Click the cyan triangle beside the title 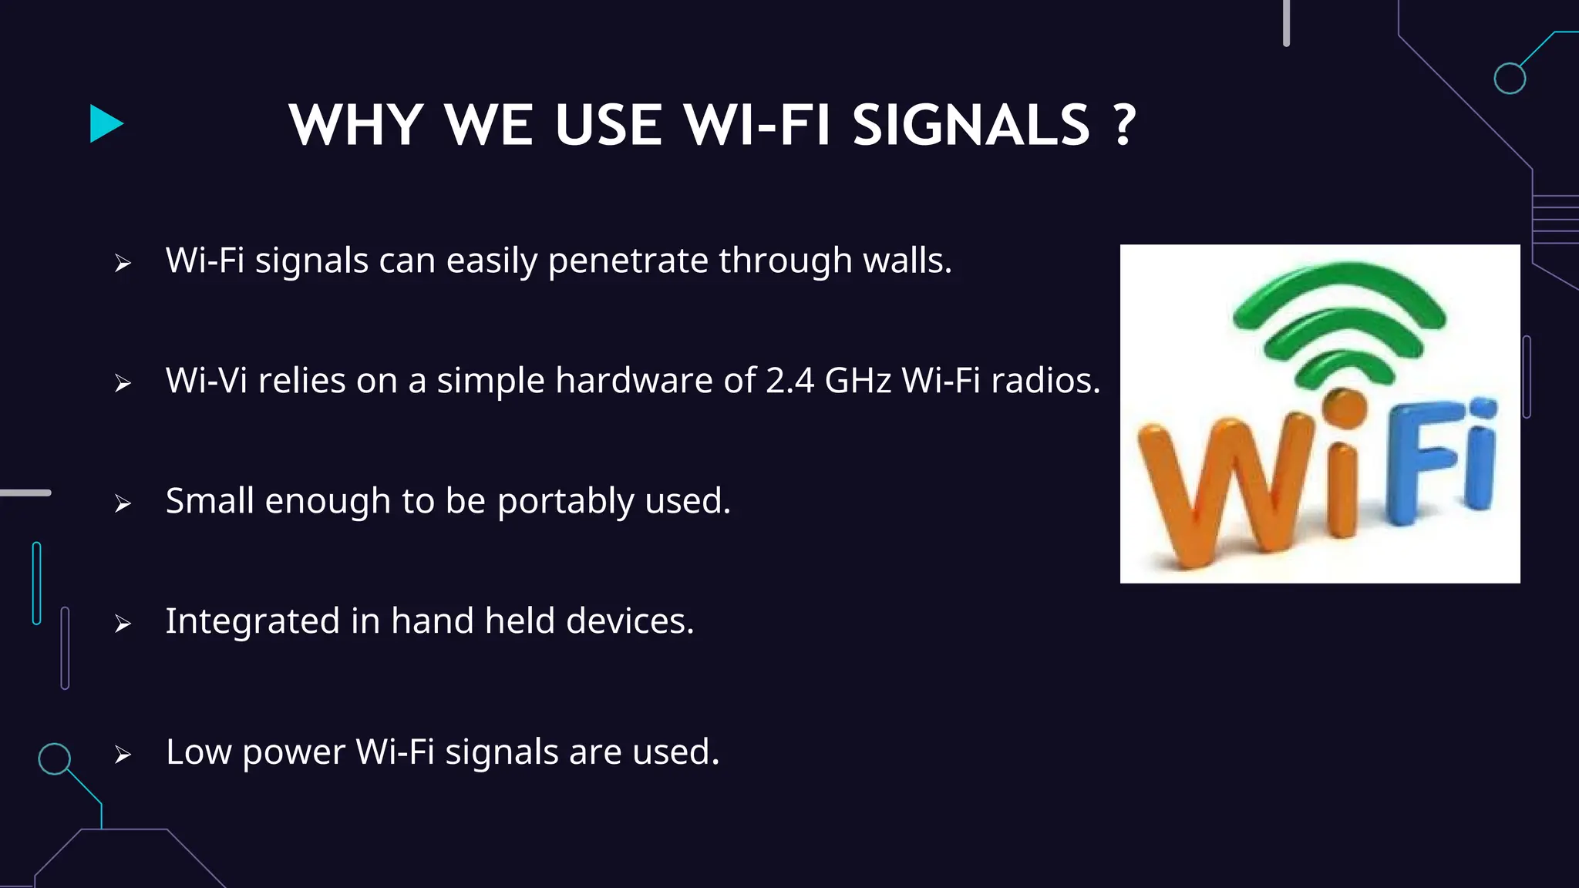click(x=106, y=124)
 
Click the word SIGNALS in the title click(x=971, y=125)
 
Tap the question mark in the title click(x=1125, y=125)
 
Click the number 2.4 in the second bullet click(x=789, y=381)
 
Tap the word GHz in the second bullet click(x=857, y=381)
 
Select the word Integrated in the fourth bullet click(x=252, y=621)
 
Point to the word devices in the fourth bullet click(x=629, y=621)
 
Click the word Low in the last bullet click(x=198, y=752)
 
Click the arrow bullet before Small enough click(x=123, y=504)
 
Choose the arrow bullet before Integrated click(x=123, y=624)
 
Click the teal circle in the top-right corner click(x=1509, y=79)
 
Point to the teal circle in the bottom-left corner click(x=55, y=758)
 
